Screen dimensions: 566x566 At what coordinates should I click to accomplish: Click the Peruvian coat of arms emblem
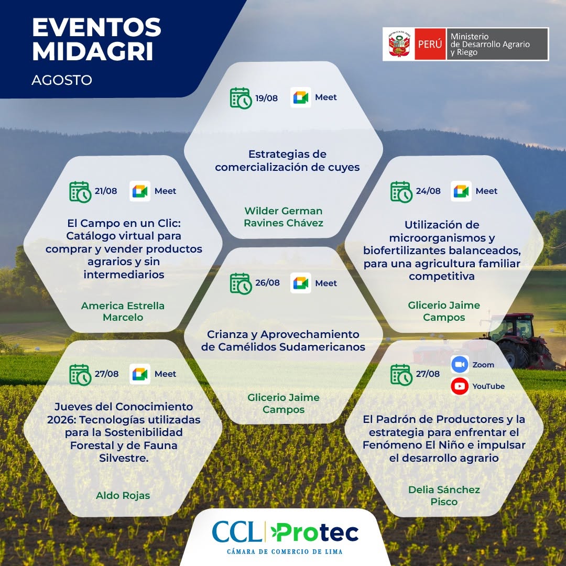399,45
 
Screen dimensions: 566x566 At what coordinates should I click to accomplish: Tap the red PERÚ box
430,44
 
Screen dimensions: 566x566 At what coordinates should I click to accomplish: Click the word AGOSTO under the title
62,80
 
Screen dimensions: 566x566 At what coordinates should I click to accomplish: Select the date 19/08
266,98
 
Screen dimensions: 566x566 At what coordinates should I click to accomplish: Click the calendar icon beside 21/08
80,192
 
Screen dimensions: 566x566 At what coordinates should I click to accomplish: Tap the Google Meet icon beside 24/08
461,191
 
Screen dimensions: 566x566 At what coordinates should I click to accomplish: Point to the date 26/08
267,282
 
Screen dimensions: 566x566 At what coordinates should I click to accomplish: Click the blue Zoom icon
460,365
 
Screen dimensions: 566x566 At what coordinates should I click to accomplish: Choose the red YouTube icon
460,386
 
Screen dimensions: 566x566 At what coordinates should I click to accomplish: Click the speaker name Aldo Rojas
123,496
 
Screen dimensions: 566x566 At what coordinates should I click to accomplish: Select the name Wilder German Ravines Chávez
284,217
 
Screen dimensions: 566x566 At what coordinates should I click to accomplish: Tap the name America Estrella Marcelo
123,311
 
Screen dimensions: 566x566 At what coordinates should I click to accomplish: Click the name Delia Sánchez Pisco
444,496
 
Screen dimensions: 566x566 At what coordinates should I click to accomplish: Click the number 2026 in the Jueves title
61,420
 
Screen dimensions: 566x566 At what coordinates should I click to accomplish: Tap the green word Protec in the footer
315,533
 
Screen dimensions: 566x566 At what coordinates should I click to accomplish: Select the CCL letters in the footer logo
237,531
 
